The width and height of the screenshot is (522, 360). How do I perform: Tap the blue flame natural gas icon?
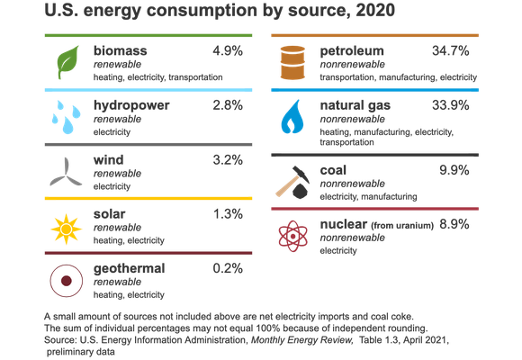point(292,117)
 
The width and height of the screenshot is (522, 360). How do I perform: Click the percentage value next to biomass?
point(227,50)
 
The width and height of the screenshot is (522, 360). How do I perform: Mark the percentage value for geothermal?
point(227,268)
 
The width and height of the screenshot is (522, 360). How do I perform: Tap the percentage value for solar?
point(227,214)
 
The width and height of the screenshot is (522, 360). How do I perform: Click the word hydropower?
point(130,105)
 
